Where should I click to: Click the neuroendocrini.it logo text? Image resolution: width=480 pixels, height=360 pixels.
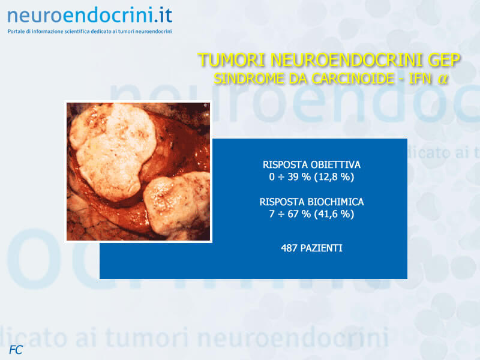point(89,16)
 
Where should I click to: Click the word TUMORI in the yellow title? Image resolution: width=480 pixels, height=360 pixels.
point(231,59)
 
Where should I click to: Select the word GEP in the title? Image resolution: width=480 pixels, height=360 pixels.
point(444,59)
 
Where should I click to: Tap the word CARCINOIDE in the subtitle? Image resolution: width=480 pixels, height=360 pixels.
point(353,79)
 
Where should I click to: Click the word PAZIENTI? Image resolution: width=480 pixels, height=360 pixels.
point(321,248)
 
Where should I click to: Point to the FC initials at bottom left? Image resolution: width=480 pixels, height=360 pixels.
point(16,350)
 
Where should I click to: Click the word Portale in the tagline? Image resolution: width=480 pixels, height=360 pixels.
point(16,31)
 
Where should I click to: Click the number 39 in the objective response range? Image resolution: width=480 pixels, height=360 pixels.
point(293,177)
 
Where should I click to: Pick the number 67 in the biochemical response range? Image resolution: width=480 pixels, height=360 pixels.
point(293,214)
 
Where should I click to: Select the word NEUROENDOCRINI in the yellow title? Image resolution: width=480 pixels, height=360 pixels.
point(346,59)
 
